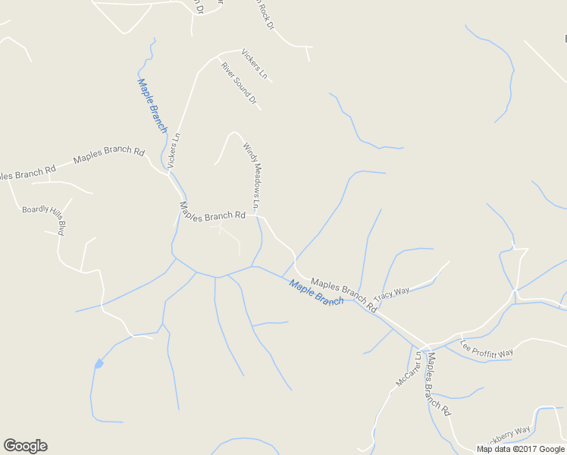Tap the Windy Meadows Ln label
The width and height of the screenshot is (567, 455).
click(252, 175)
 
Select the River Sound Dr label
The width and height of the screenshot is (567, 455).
click(240, 83)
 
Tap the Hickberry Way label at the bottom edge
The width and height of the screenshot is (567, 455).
click(506, 437)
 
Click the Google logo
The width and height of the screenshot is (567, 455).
click(25, 446)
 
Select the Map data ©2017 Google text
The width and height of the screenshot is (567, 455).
click(521, 449)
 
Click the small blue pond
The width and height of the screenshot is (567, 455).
click(98, 365)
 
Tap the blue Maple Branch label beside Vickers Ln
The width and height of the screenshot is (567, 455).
click(152, 105)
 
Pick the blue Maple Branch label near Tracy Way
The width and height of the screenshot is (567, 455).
click(316, 293)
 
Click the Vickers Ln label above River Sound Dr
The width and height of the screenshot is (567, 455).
click(255, 64)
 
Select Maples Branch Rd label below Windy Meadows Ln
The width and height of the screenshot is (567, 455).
click(212, 211)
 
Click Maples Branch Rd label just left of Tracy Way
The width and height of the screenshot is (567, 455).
click(343, 293)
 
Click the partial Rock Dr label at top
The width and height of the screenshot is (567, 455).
click(265, 14)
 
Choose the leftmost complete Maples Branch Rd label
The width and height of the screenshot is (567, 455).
click(108, 156)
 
